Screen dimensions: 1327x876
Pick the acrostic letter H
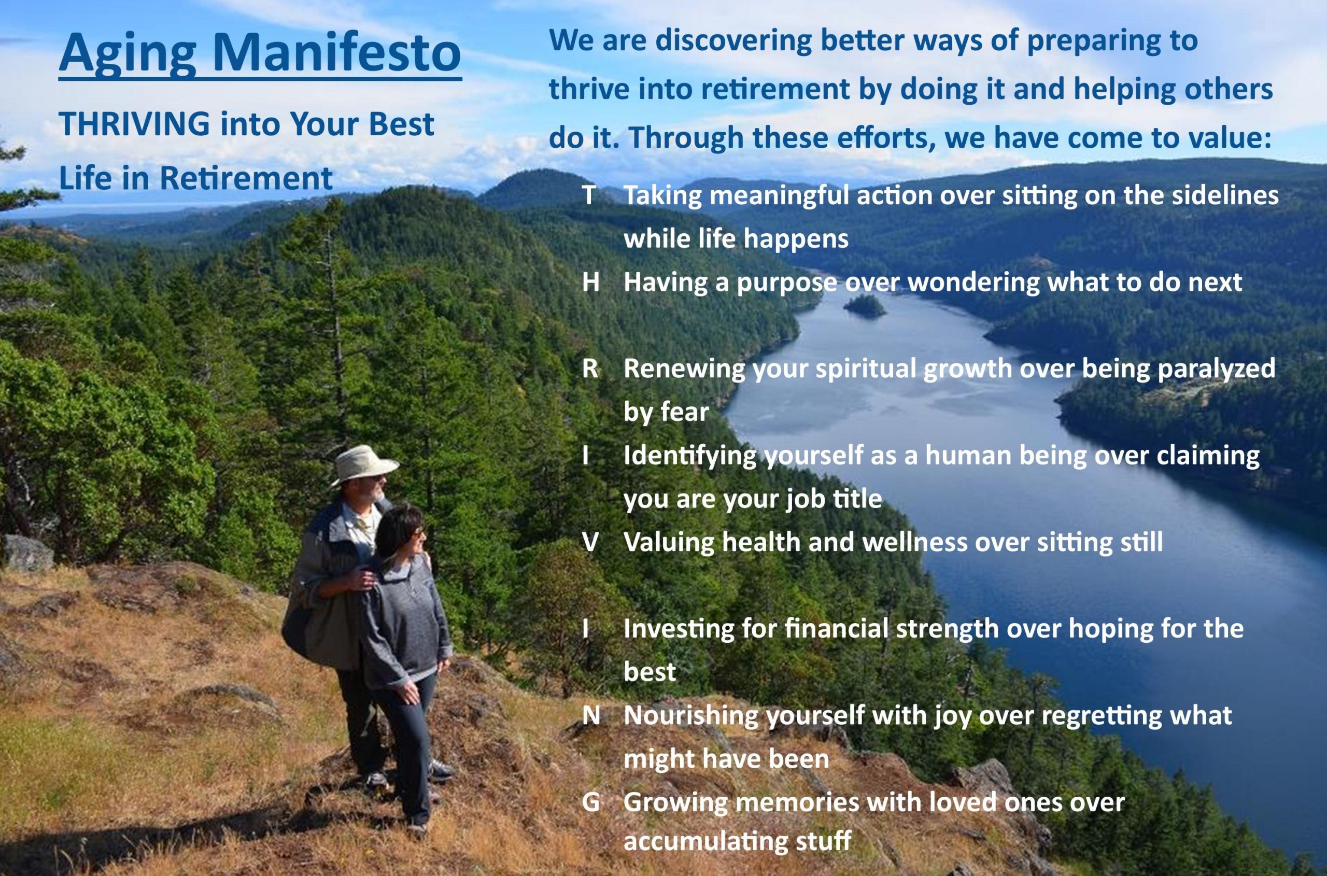[x=590, y=282]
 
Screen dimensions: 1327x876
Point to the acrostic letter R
[x=590, y=369]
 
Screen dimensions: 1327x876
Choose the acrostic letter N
[x=591, y=716]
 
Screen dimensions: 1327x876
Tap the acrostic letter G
[x=591, y=803]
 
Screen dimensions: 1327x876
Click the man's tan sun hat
[x=364, y=464]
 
